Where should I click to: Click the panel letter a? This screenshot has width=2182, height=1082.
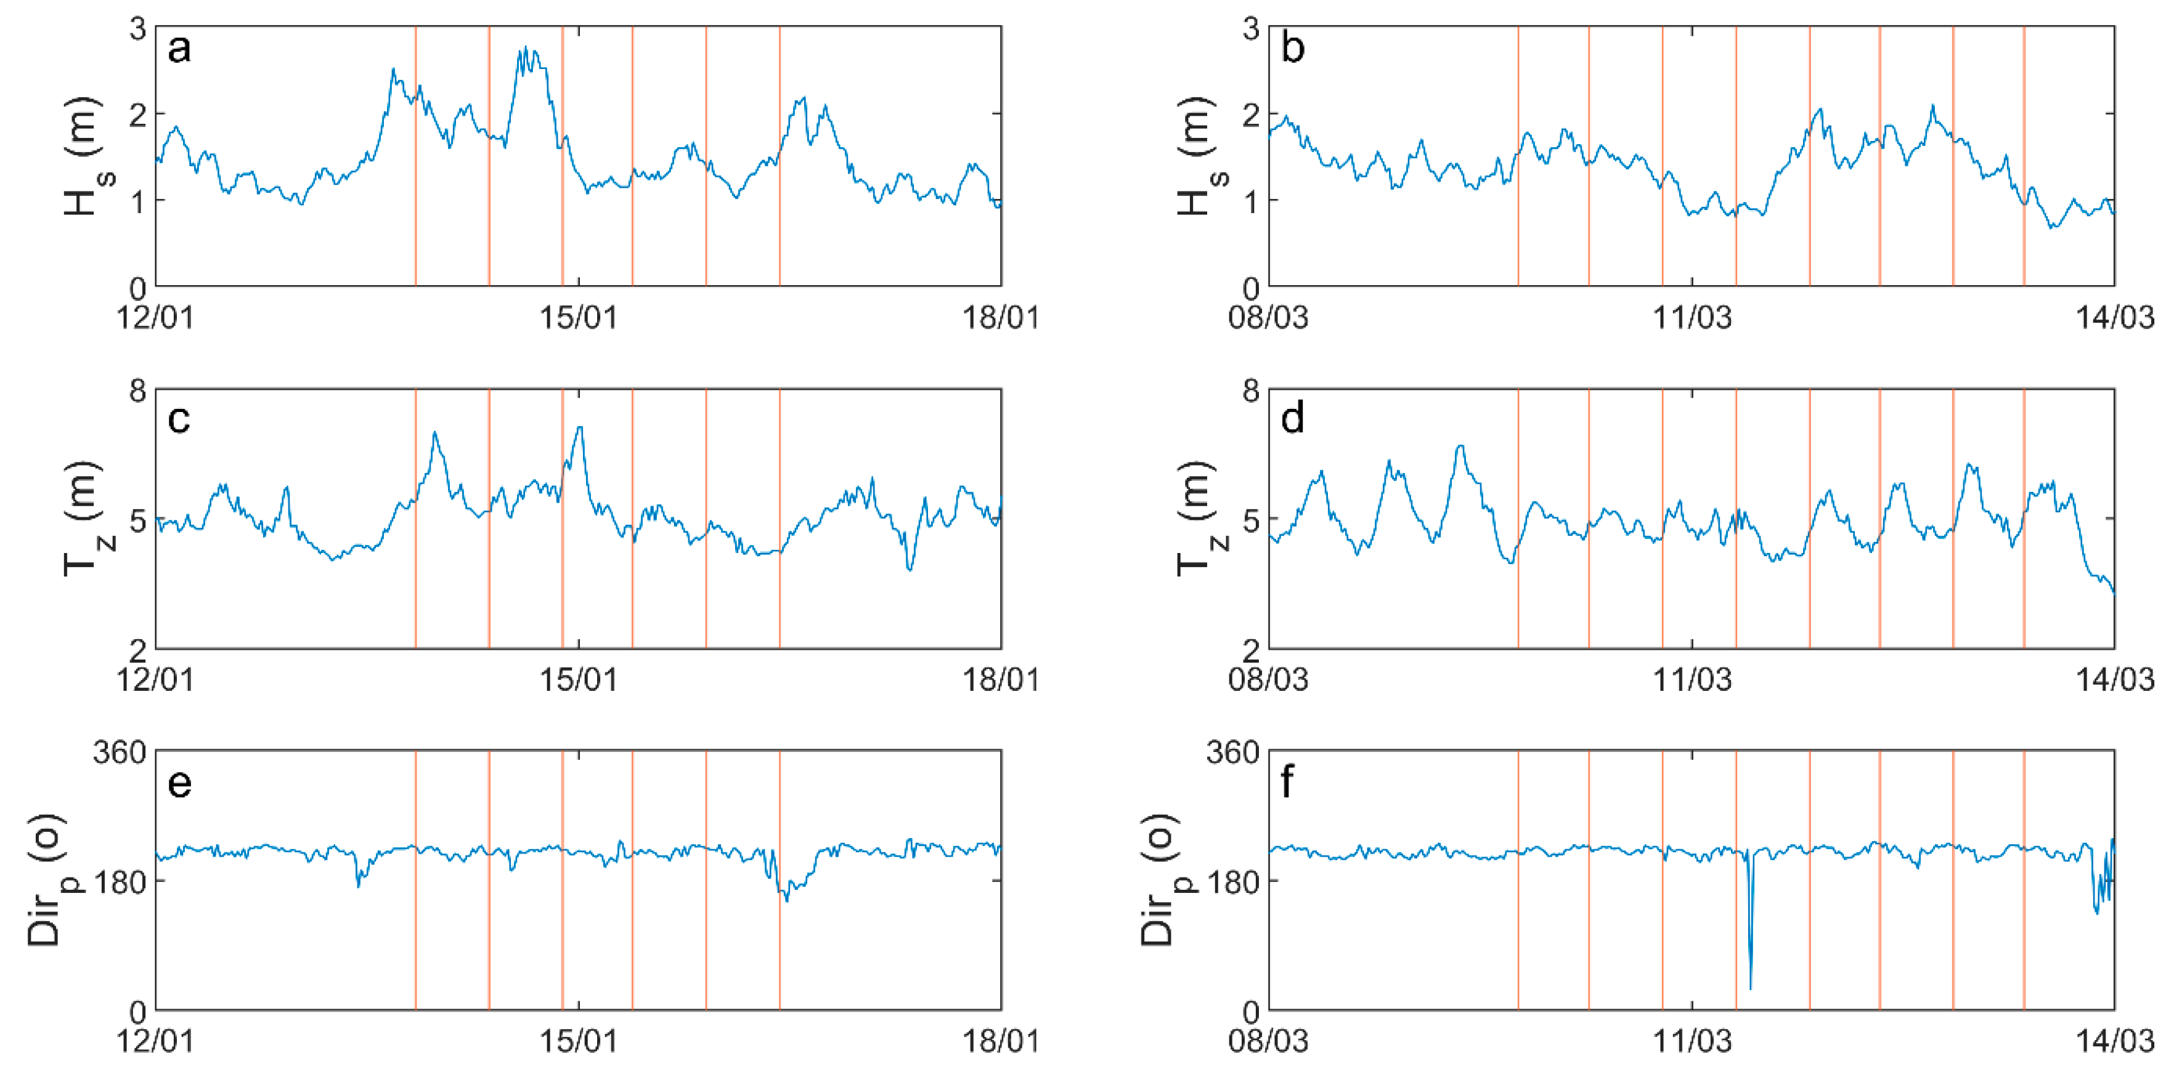pyautogui.click(x=179, y=49)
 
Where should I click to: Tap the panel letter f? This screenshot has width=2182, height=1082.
pyautogui.click(x=1287, y=781)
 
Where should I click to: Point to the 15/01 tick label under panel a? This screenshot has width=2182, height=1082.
pyautogui.click(x=579, y=318)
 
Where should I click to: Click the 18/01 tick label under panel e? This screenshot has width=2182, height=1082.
pyautogui.click(x=1000, y=1041)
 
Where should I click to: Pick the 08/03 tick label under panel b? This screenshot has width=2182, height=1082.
pyautogui.click(x=1268, y=318)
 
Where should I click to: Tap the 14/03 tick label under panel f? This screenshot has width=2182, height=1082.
pyautogui.click(x=2114, y=1041)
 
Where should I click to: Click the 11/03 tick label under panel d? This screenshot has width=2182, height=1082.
pyautogui.click(x=1692, y=679)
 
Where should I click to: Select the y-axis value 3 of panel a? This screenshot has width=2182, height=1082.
pyautogui.click(x=138, y=30)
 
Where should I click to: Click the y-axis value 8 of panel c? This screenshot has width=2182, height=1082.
pyautogui.click(x=138, y=391)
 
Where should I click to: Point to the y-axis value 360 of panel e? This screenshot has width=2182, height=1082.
pyautogui.click(x=120, y=753)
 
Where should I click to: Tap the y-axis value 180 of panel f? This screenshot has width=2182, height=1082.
pyautogui.click(x=1232, y=881)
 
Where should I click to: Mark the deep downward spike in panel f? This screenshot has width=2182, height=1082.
pyautogui.click(x=1751, y=987)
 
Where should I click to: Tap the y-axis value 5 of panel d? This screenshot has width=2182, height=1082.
pyautogui.click(x=1251, y=520)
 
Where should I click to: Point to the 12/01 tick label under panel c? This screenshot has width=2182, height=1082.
pyautogui.click(x=156, y=679)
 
